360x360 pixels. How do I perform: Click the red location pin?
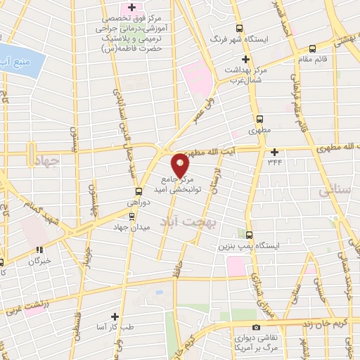[x=181, y=164]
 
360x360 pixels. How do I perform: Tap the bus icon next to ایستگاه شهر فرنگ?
[x=240, y=29]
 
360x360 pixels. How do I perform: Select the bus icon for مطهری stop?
[x=260, y=119]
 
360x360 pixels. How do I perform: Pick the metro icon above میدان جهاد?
[x=132, y=217]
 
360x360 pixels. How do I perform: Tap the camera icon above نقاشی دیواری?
[x=255, y=327]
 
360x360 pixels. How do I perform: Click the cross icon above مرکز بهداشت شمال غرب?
[x=245, y=60]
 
